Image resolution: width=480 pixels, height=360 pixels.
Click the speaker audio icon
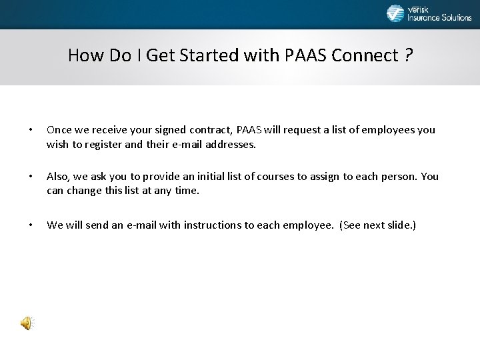(x=26, y=324)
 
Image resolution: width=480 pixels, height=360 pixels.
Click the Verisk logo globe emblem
(x=395, y=13)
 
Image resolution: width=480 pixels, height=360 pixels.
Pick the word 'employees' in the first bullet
(x=389, y=130)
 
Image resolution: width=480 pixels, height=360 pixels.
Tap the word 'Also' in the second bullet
(x=59, y=177)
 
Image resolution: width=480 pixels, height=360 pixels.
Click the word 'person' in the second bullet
(x=397, y=177)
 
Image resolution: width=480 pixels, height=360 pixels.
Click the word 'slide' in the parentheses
(x=399, y=225)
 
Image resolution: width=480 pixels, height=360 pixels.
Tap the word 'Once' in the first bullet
(x=59, y=130)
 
